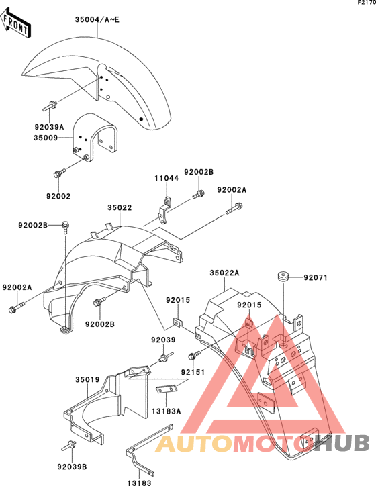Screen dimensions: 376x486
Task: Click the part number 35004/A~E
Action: (97, 20)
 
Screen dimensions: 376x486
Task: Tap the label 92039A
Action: (49, 127)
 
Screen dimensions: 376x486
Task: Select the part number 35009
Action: (46, 138)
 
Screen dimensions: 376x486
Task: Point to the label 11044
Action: (167, 178)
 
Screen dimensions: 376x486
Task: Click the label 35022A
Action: (224, 273)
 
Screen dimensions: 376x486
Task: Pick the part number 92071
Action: (316, 277)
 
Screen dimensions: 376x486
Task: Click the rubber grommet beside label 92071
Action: (283, 277)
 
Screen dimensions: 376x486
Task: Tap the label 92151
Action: (193, 372)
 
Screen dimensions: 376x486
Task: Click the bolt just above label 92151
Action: (194, 355)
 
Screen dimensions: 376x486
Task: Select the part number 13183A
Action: (166, 411)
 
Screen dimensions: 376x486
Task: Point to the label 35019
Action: (87, 380)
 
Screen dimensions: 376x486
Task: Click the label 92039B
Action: (72, 467)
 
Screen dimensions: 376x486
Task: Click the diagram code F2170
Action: (367, 3)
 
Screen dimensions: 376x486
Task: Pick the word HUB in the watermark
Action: (342, 442)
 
